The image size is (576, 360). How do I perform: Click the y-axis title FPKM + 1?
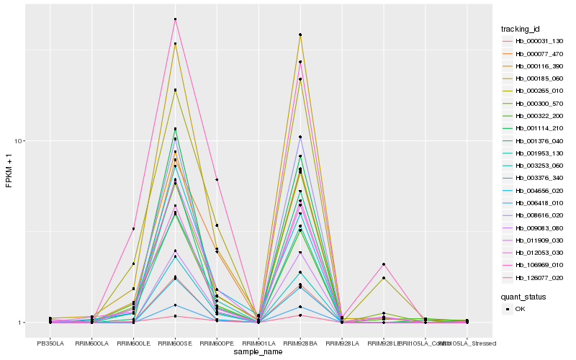9,171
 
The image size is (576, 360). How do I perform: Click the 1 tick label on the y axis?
22,323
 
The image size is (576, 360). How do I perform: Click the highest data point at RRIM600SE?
175,19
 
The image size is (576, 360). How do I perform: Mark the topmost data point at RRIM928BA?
300,35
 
